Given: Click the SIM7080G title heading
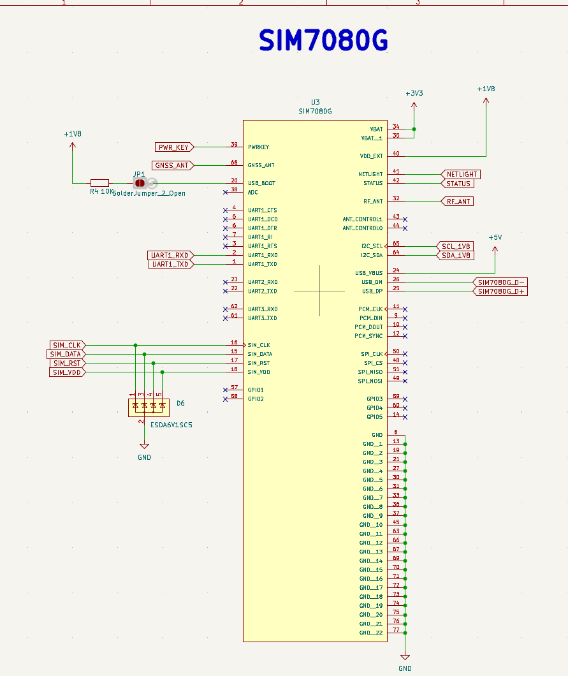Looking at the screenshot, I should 323,41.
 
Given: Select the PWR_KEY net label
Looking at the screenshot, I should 173,147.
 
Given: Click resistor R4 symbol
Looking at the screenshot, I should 99,183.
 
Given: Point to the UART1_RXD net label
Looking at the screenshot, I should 170,255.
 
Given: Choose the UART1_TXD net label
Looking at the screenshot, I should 170,264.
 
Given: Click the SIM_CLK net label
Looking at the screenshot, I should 67,345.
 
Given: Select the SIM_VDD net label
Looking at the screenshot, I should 67,372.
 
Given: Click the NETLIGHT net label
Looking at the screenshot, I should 460,174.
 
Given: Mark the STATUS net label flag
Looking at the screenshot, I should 457,184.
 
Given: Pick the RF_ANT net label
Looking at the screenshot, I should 457,202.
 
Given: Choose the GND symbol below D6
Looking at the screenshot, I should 145,447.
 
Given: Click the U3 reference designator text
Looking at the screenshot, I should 315,102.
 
